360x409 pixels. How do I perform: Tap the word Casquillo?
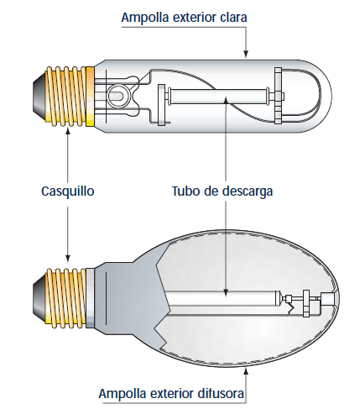(68, 191)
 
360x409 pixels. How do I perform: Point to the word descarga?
(248, 192)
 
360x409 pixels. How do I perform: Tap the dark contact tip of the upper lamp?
(39, 96)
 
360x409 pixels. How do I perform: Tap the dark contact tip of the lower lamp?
(39, 297)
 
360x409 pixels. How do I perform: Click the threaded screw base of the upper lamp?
(66, 96)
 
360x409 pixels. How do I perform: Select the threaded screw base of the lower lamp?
(65, 297)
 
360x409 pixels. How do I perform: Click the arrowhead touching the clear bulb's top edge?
(246, 54)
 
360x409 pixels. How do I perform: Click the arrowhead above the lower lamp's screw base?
(68, 259)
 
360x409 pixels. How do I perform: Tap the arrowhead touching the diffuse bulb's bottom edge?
(246, 371)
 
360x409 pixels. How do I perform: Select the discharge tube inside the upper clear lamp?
(218, 96)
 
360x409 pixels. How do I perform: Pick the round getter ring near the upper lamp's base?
(117, 96)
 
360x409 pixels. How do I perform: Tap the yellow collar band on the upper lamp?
(90, 97)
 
